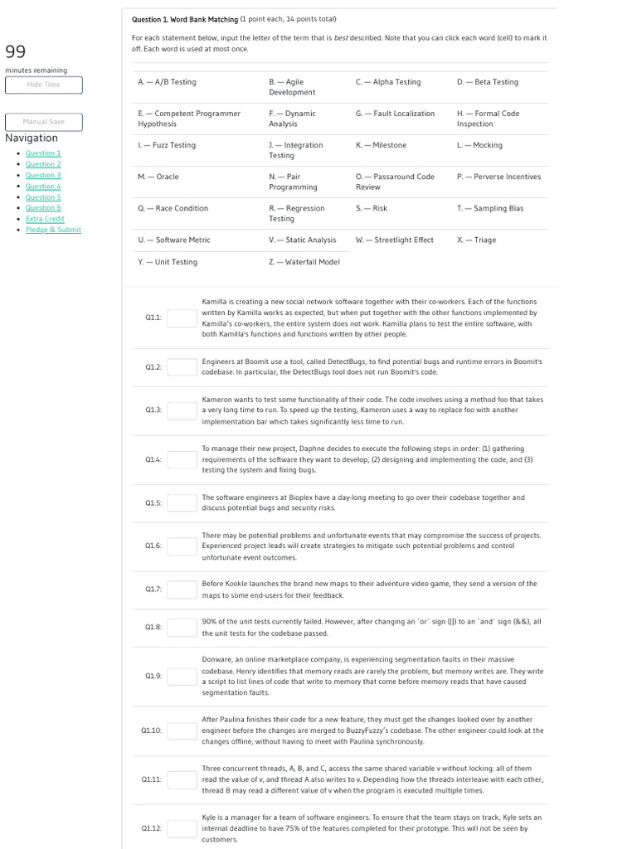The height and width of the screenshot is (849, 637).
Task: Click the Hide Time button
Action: point(43,85)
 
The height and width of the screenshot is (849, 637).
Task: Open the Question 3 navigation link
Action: point(43,175)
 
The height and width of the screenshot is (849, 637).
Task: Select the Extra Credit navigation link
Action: point(45,218)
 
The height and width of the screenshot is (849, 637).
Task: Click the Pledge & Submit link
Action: point(53,230)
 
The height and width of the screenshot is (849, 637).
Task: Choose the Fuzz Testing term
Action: point(167,145)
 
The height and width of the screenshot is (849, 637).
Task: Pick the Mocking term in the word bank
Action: point(479,145)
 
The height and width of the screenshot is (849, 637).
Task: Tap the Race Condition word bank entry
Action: point(173,208)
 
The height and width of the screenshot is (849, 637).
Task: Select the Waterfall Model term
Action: point(304,262)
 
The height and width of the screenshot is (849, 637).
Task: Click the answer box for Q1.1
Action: point(182,318)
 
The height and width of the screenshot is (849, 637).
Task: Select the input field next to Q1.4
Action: point(182,459)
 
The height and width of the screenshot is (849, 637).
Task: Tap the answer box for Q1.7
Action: point(182,589)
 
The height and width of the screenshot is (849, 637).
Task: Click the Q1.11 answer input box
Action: point(182,779)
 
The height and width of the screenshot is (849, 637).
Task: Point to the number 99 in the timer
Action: point(16,52)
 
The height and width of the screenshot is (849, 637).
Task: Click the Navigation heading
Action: point(32,138)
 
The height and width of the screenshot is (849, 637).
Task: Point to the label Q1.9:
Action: point(153,676)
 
